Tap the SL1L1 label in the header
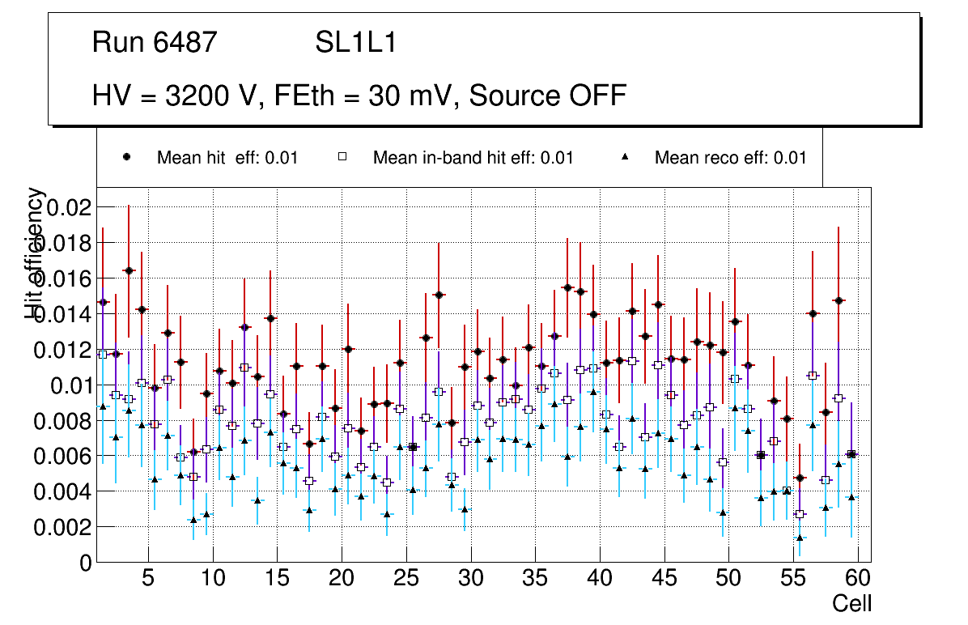click(355, 43)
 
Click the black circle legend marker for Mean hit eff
click(127, 157)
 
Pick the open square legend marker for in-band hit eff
click(342, 157)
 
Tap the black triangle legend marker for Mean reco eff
click(625, 157)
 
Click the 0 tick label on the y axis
click(85, 563)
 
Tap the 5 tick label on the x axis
click(148, 579)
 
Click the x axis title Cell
click(852, 603)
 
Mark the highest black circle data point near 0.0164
click(129, 270)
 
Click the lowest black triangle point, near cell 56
click(800, 538)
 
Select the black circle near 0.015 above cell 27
click(439, 295)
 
